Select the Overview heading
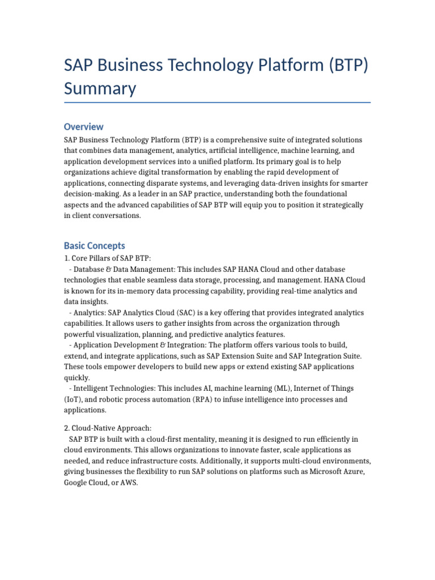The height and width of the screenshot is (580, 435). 83,126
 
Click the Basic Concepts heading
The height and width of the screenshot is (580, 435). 94,246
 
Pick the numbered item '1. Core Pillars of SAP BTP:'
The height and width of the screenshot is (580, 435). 107,258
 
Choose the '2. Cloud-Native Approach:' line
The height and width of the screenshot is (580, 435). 108,428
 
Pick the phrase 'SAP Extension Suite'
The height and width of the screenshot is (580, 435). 251,356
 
